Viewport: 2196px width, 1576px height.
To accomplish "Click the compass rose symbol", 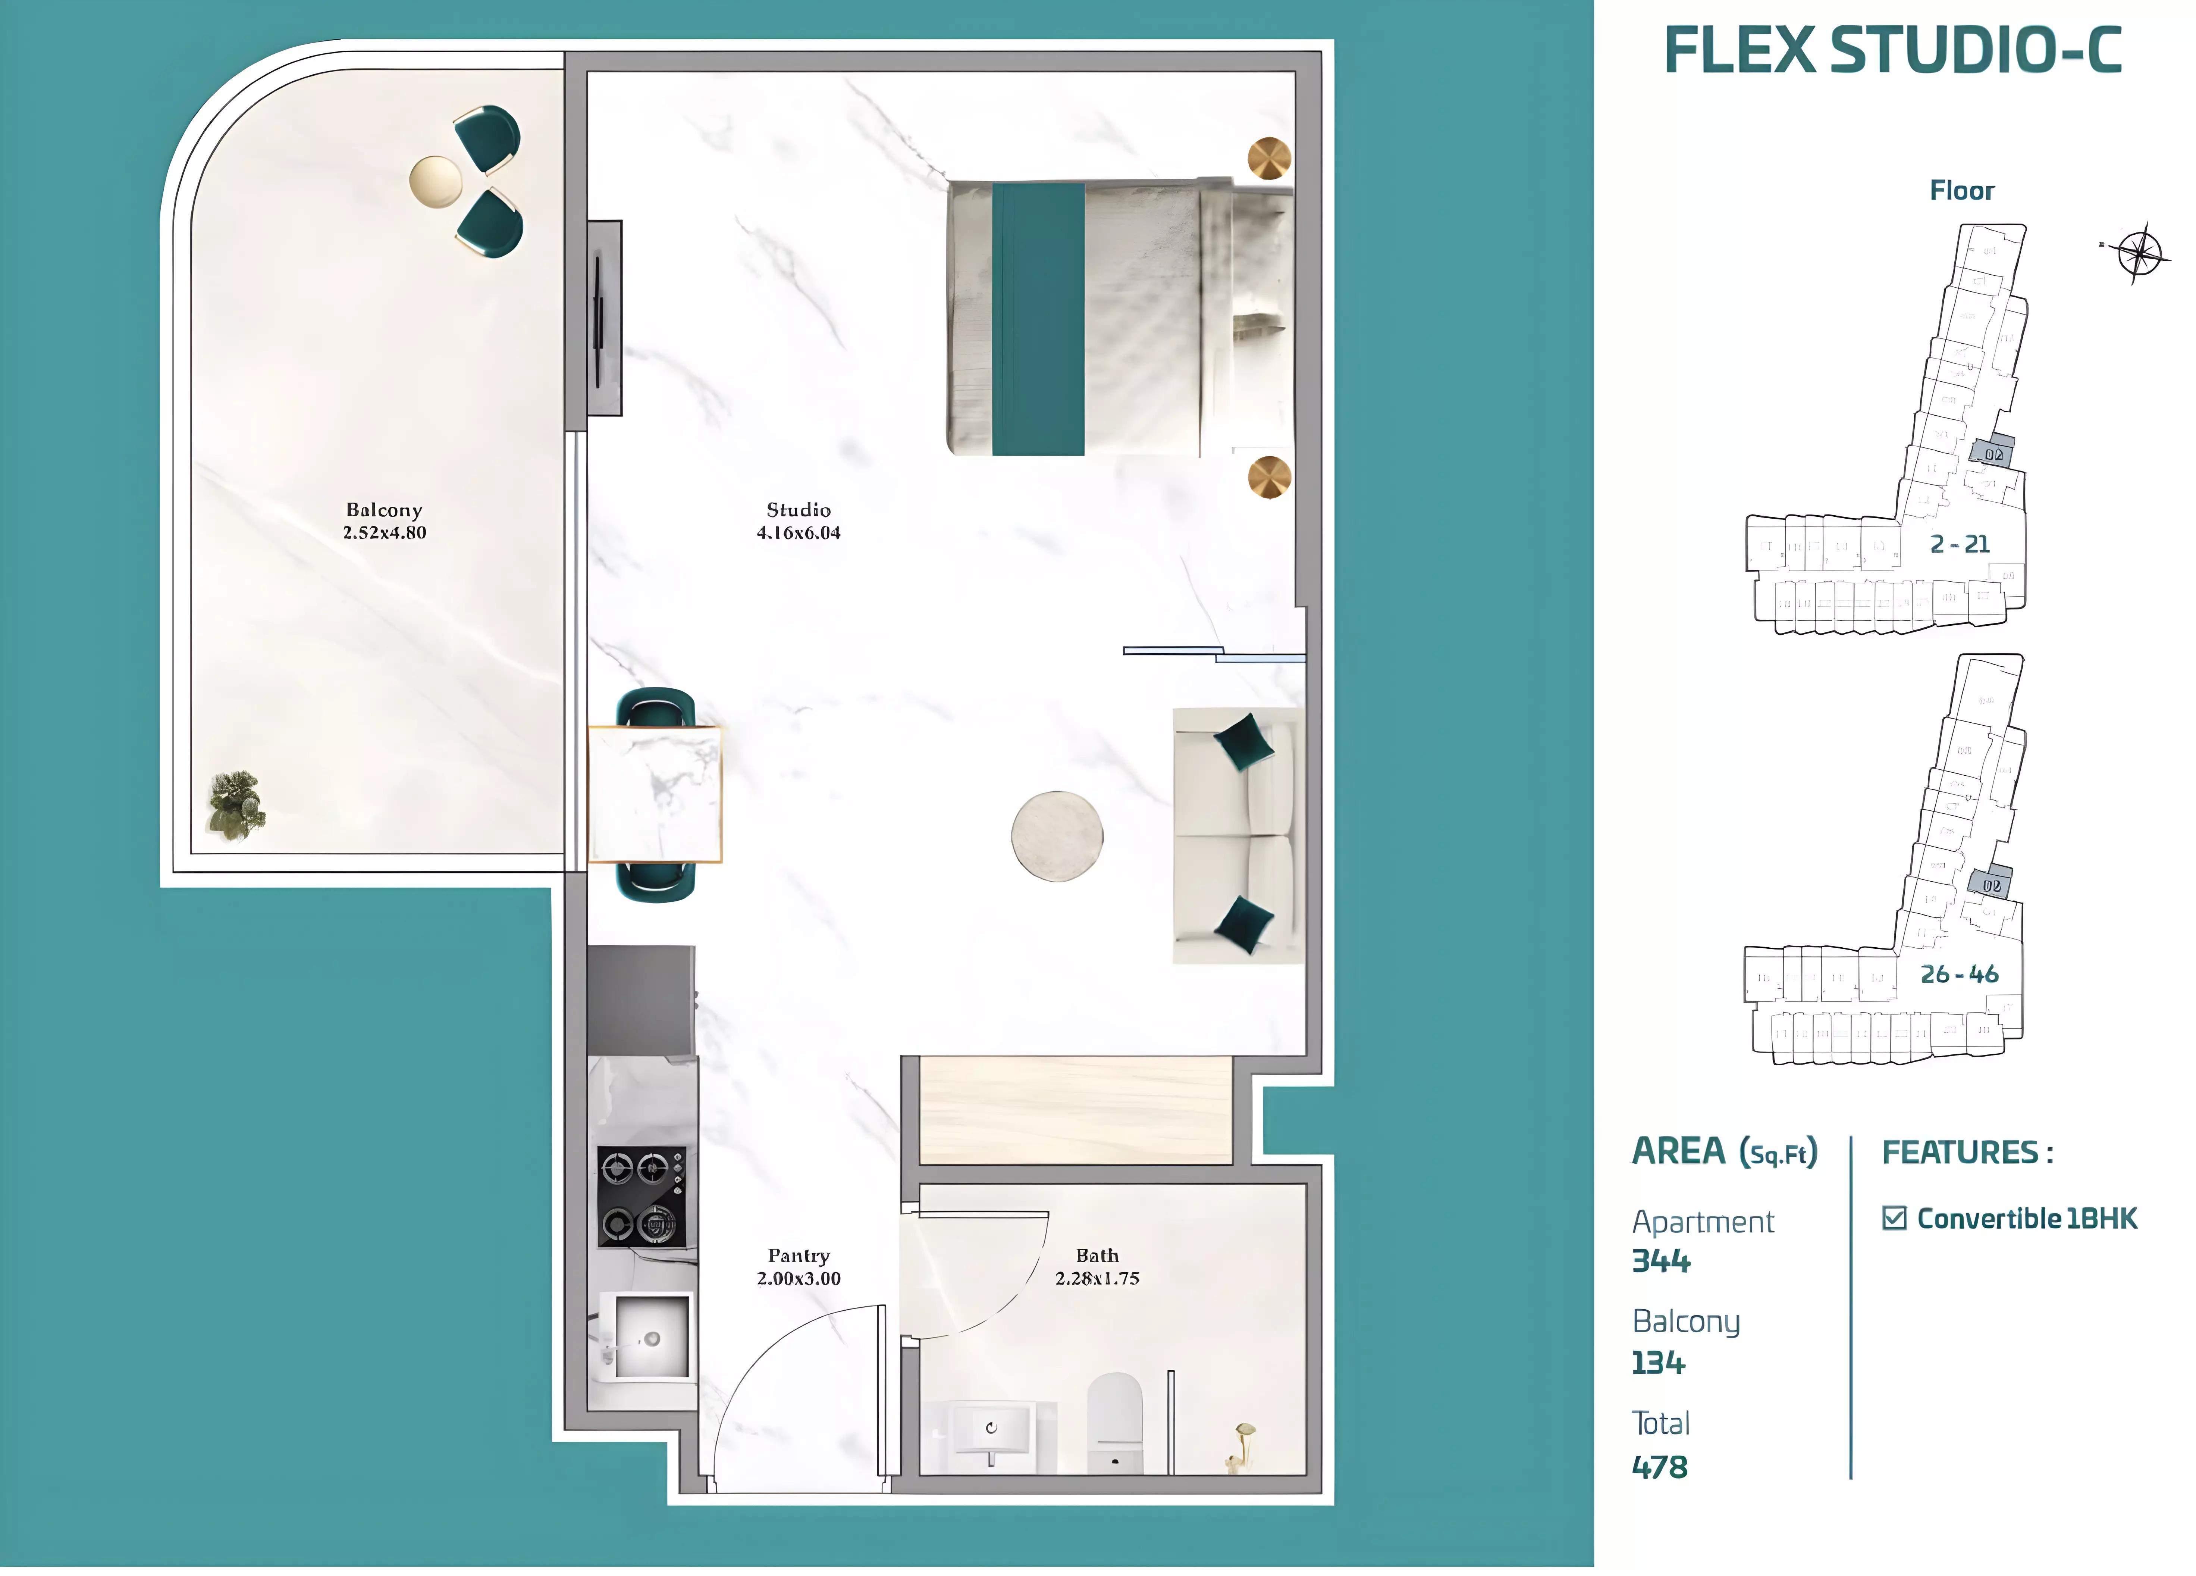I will (2138, 253).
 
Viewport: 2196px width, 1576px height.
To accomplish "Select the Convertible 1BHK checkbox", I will (1894, 1219).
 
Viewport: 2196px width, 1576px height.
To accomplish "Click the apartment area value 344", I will (1660, 1261).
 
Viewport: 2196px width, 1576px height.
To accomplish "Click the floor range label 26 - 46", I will (1959, 975).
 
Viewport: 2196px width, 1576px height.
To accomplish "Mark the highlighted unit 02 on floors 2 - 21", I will (1992, 453).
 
